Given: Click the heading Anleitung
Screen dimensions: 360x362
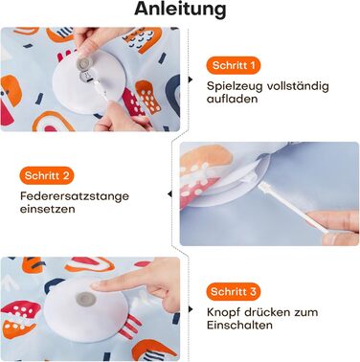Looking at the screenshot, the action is (x=180, y=10).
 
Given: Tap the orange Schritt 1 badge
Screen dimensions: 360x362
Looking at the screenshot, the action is (x=234, y=65).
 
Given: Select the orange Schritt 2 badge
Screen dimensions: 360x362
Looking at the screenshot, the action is (x=47, y=175).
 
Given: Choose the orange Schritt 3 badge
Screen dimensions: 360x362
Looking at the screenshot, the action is (x=234, y=291).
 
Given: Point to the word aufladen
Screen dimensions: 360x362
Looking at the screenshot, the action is (x=227, y=99).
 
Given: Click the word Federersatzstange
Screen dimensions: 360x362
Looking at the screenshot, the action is (x=75, y=195).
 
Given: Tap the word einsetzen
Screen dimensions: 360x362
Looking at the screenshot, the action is (x=48, y=210).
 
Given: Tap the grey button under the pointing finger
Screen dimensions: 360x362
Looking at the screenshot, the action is (x=85, y=300).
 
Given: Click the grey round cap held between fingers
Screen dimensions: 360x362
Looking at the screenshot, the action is (x=84, y=62).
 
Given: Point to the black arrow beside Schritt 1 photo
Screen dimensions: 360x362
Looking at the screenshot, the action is (x=191, y=79).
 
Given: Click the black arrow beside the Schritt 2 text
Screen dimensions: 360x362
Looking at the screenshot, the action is (x=170, y=194).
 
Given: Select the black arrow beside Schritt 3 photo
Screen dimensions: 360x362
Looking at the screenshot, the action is (x=191, y=309).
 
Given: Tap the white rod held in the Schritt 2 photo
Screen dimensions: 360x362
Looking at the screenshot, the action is (x=290, y=208).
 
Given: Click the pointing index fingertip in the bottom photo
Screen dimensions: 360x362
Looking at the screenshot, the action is (x=97, y=285).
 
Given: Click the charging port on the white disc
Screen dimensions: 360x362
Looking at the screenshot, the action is (x=86, y=77).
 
